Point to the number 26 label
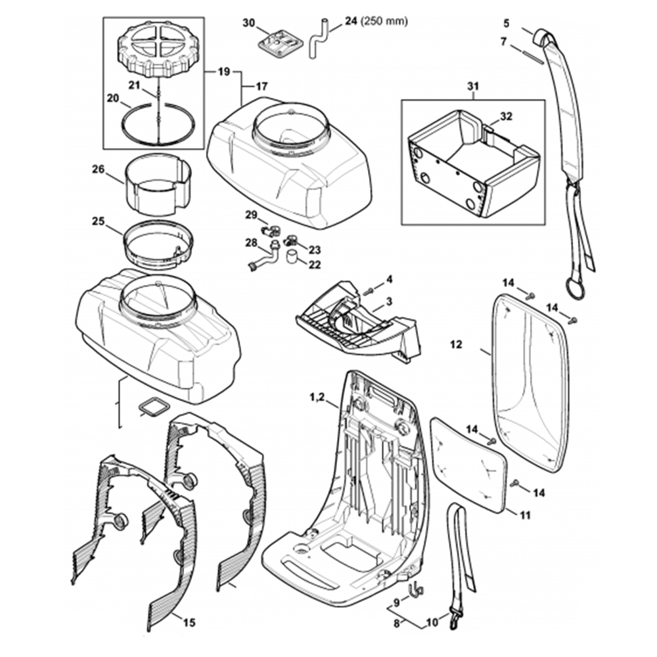98,169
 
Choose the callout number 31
473,87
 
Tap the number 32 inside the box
505,116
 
